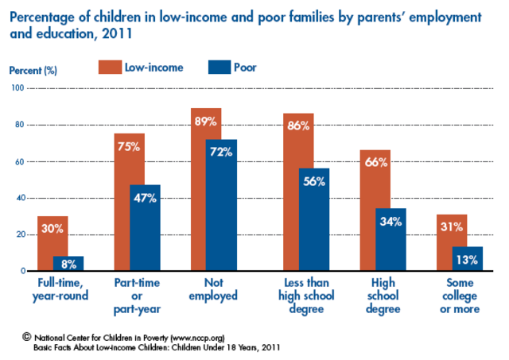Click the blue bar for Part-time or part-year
click(x=145, y=234)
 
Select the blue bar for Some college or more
click(x=467, y=259)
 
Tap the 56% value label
click(x=314, y=180)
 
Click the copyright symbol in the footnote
click(x=25, y=336)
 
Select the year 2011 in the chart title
click(x=119, y=34)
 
